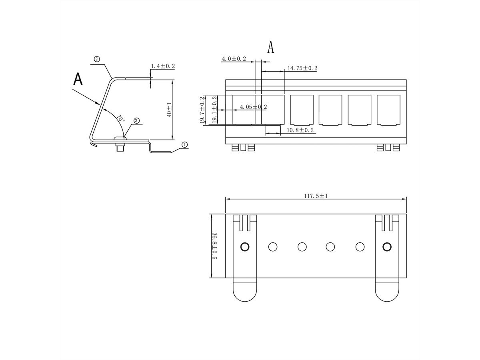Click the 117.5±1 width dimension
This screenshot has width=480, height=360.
pos(316,196)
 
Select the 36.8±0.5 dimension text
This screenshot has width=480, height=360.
pos(215,246)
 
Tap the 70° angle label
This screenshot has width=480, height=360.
pos(120,119)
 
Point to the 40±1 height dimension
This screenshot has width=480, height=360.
pos(169,109)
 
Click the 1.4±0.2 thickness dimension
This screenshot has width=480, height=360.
pos(163,66)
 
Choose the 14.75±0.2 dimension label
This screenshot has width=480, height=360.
pos(302,68)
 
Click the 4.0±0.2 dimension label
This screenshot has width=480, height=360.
pos(234,59)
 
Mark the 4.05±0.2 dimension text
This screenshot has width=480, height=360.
pos(253,107)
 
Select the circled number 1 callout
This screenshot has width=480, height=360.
pos(184,144)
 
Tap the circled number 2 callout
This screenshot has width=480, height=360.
pos(97,59)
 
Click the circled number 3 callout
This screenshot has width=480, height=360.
pos(136,120)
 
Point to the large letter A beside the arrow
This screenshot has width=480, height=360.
pos(78,79)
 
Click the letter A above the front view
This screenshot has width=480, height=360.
pos(271,47)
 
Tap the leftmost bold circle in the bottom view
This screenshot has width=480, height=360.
pos(245,247)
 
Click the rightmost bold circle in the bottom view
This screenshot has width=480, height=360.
pos(387,247)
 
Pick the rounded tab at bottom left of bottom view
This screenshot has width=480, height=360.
pos(245,290)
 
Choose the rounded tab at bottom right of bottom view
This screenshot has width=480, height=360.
pos(387,290)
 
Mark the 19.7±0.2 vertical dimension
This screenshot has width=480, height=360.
pos(202,110)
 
